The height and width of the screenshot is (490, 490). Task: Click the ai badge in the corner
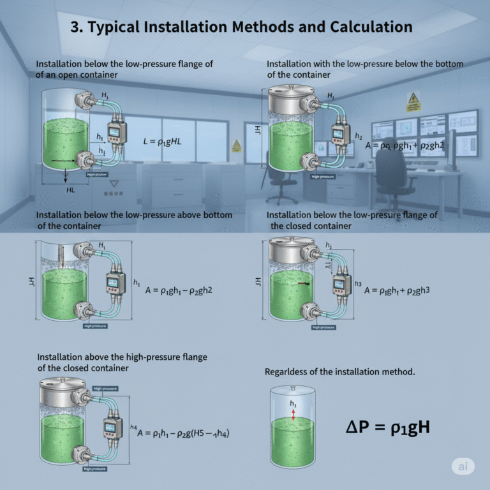(463, 466)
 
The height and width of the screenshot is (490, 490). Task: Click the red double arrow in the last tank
(293, 414)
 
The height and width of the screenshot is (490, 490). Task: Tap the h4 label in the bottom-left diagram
(133, 427)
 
